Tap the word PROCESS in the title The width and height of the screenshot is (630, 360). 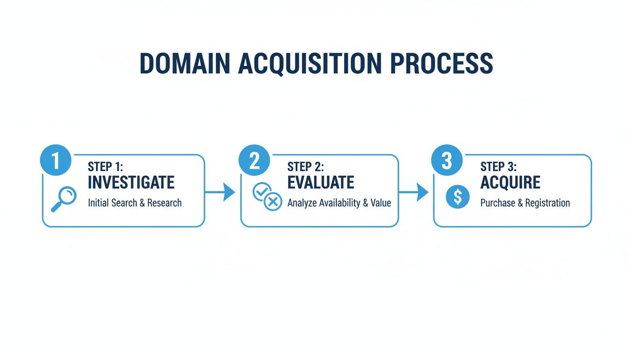(x=442, y=64)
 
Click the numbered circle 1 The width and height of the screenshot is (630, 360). (x=56, y=160)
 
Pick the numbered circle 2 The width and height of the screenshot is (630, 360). (x=254, y=160)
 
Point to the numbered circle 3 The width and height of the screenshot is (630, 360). (x=447, y=160)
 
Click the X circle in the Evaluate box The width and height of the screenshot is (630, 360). (x=273, y=202)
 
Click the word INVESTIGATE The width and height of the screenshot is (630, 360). (x=131, y=182)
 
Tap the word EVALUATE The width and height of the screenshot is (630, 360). (x=321, y=182)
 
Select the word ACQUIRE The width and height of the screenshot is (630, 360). (x=510, y=182)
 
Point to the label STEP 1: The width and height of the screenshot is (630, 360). (x=105, y=166)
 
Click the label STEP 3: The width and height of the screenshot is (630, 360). (x=499, y=166)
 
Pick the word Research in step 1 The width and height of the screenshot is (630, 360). (x=164, y=203)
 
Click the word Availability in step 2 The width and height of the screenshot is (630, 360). (x=340, y=203)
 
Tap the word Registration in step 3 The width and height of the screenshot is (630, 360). (x=547, y=203)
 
